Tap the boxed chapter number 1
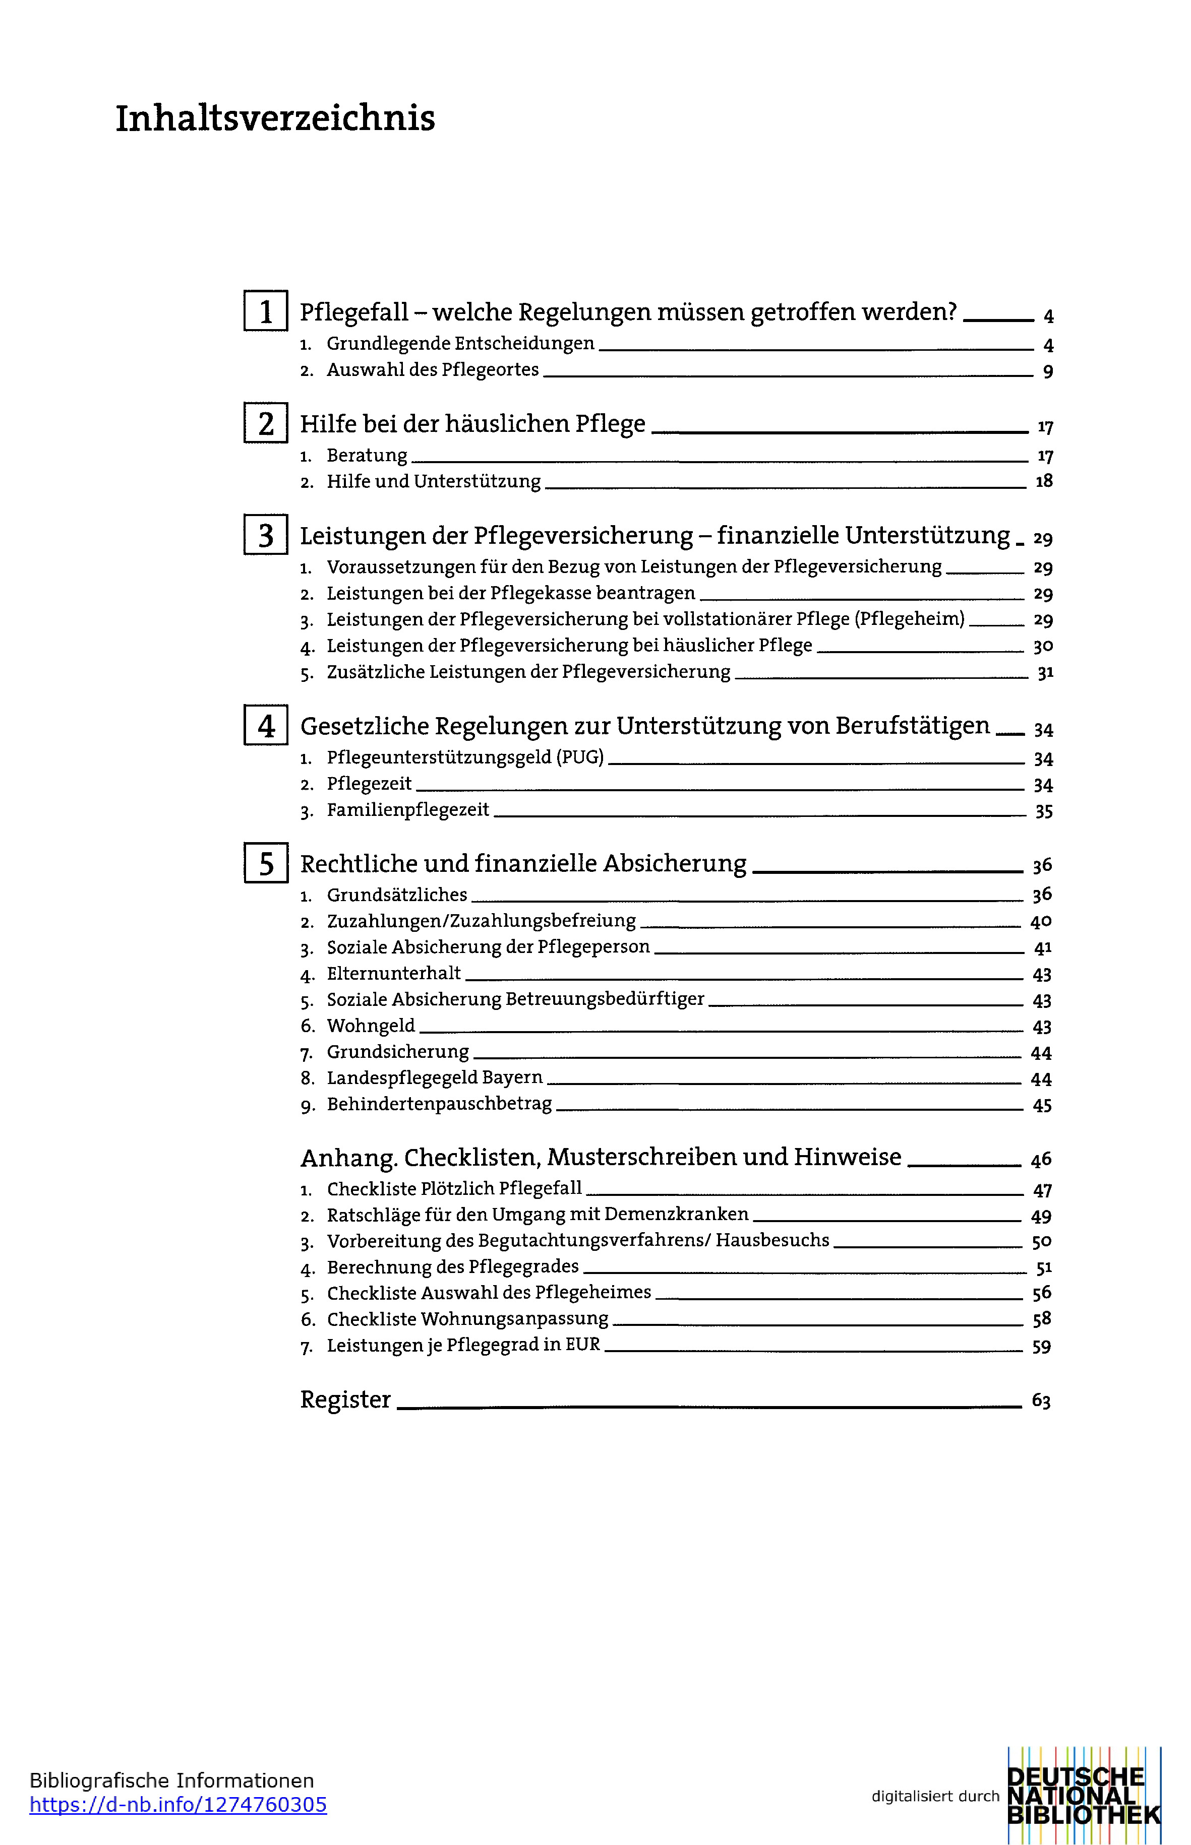point(266,311)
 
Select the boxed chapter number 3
point(266,535)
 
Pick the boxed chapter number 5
point(266,863)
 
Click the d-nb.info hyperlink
point(178,1805)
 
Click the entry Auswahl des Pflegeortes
point(432,370)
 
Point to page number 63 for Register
point(1041,1401)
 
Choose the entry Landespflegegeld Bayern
point(435,1077)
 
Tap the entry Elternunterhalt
point(394,973)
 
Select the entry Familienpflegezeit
point(407,810)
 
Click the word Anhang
point(348,1157)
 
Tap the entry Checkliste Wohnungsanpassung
point(467,1319)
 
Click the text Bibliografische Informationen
point(171,1781)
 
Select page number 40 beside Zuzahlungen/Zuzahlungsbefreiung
point(1041,921)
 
